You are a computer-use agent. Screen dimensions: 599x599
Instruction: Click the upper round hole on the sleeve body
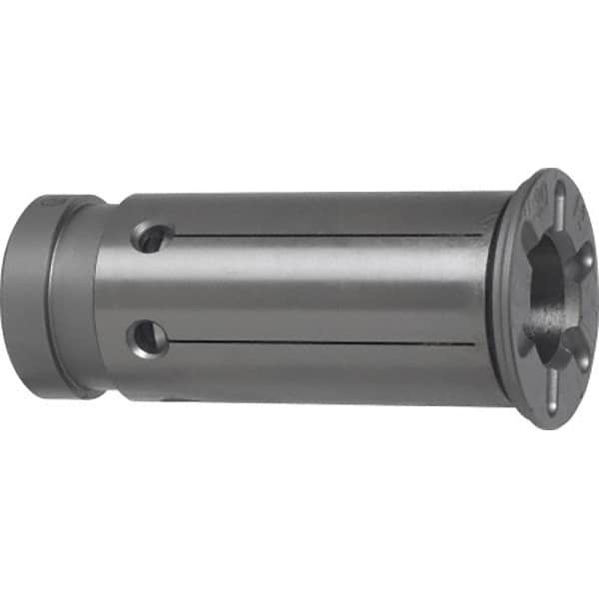pyautogui.click(x=152, y=238)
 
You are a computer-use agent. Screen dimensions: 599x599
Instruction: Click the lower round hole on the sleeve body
pyautogui.click(x=148, y=337)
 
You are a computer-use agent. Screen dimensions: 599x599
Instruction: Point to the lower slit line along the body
pyautogui.click(x=329, y=342)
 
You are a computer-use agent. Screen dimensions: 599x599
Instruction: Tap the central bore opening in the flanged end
pyautogui.click(x=547, y=290)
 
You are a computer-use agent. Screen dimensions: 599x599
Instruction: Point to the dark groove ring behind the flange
pyautogui.click(x=497, y=299)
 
